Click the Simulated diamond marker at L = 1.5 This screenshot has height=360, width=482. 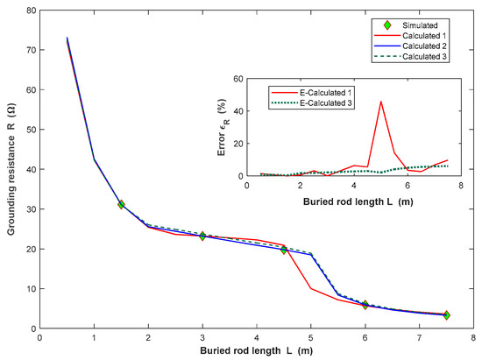(x=121, y=204)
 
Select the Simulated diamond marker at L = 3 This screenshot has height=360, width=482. (x=202, y=236)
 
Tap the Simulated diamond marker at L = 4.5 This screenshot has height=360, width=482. (x=284, y=250)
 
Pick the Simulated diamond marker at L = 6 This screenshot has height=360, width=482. (x=365, y=305)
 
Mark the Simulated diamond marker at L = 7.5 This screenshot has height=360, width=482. (x=446, y=315)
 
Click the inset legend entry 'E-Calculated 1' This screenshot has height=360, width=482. (x=315, y=90)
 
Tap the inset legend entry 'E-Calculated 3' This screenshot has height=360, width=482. (x=315, y=101)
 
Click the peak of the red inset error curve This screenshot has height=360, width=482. (x=380, y=102)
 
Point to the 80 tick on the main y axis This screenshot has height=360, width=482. (x=31, y=11)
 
